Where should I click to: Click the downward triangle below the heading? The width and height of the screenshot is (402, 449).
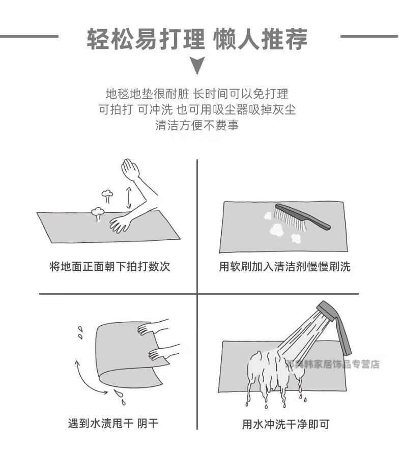click(x=197, y=65)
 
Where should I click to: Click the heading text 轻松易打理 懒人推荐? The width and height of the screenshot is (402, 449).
click(x=197, y=39)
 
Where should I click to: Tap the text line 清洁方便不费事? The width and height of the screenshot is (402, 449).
click(x=197, y=125)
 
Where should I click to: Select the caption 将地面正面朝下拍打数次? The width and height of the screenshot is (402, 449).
click(x=110, y=266)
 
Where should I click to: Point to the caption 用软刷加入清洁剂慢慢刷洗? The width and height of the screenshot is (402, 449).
click(x=284, y=266)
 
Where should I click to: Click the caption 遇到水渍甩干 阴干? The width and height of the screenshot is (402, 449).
click(x=113, y=423)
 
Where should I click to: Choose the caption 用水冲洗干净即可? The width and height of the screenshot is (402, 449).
click(x=286, y=424)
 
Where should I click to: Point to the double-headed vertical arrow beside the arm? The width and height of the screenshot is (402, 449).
click(x=129, y=198)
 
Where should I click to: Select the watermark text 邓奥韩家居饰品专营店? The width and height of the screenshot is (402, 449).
click(x=332, y=364)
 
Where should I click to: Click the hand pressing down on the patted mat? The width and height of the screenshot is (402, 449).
click(x=120, y=223)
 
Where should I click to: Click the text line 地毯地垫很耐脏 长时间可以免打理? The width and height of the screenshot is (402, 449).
click(x=197, y=94)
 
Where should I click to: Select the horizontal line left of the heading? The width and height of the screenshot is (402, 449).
click(x=29, y=36)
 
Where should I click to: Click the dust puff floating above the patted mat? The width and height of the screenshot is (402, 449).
click(x=107, y=197)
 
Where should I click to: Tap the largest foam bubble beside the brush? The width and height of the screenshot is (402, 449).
click(x=276, y=229)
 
